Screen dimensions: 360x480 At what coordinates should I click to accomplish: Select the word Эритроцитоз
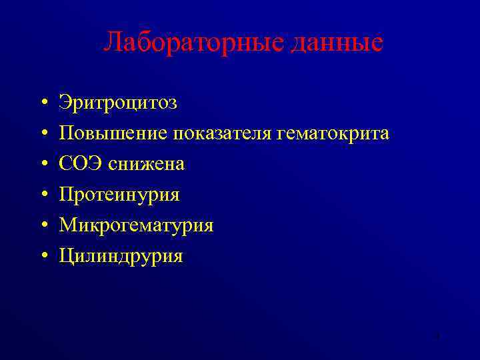point(118,103)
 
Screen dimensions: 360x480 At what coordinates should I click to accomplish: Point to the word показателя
point(222,133)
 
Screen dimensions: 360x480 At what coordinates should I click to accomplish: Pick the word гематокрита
point(332,133)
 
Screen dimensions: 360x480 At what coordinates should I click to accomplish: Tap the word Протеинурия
point(119,195)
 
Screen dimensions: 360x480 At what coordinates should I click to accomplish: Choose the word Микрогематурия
point(136,225)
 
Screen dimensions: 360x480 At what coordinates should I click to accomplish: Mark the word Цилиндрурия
point(121,256)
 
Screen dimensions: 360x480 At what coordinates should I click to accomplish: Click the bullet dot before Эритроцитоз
point(42,104)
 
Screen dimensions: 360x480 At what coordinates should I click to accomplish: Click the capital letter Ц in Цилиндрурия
point(65,256)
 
